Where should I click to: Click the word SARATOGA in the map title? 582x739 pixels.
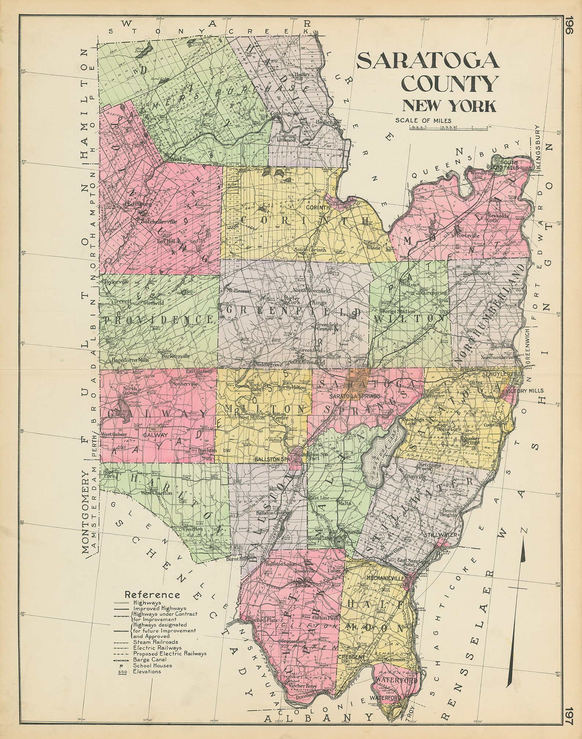[x=428, y=61]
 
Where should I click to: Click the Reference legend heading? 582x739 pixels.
[x=152, y=594]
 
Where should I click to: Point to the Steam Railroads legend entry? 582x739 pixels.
[x=155, y=642]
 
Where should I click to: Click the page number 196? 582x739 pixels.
[x=568, y=26]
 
